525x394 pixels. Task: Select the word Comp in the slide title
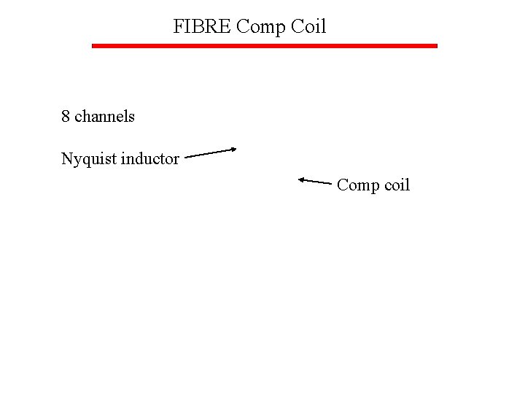click(x=262, y=28)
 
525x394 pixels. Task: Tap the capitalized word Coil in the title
click(x=308, y=27)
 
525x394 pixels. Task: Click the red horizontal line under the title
click(x=264, y=46)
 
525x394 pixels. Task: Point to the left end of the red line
click(x=93, y=46)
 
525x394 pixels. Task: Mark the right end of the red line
click(x=435, y=46)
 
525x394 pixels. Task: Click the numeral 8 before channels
click(x=66, y=116)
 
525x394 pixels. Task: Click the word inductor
click(x=150, y=158)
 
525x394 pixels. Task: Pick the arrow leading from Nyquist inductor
click(x=211, y=152)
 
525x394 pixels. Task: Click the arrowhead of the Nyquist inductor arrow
click(x=233, y=149)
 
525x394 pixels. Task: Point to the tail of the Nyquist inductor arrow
click(x=187, y=156)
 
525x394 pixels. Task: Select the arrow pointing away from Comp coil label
click(x=315, y=180)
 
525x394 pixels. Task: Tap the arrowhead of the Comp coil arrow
click(x=301, y=179)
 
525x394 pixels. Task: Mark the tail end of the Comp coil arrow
click(x=331, y=182)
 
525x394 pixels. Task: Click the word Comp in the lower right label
click(x=357, y=185)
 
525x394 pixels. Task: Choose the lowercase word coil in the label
click(x=397, y=185)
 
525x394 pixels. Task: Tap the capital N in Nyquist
click(x=66, y=158)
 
